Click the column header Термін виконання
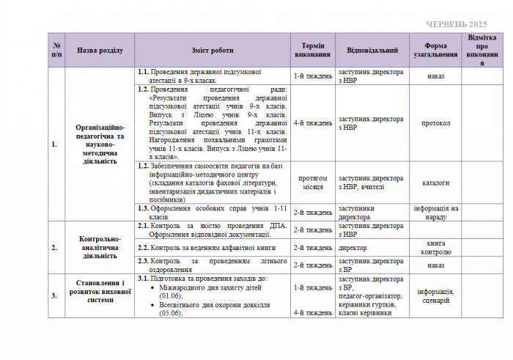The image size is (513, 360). [313, 51]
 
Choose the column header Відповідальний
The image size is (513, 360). [372, 51]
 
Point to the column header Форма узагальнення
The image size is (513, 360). [435, 51]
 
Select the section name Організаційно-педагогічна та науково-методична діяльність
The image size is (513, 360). [100, 144]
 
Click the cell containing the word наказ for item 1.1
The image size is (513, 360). [435, 76]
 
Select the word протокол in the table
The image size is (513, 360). [435, 122]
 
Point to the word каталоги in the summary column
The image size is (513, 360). [435, 182]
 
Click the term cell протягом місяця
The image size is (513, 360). [313, 182]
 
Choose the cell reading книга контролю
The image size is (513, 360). [435, 247]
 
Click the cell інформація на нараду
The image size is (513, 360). [435, 212]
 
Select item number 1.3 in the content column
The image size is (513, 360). [144, 207]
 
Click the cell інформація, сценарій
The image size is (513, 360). [435, 295]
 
